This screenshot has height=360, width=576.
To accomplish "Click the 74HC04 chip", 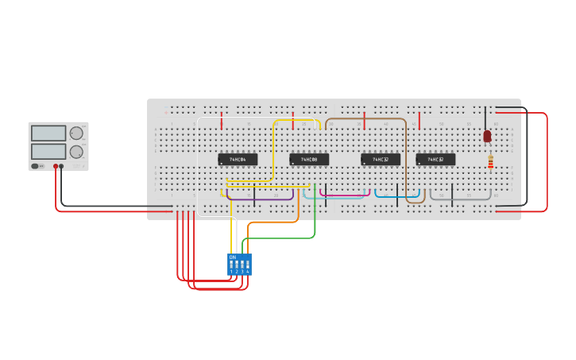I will click(x=238, y=159).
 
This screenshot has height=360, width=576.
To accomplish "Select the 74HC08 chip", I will click(x=309, y=159).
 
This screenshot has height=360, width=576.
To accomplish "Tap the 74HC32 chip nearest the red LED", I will click(x=435, y=159).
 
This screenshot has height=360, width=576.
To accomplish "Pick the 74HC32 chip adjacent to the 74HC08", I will click(x=381, y=159).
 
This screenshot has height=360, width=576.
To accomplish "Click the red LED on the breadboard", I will click(x=487, y=136).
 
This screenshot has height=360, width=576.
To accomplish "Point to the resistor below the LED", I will click(x=490, y=162).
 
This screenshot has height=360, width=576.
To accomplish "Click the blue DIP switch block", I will click(x=239, y=265).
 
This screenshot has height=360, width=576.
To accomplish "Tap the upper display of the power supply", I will click(x=48, y=134).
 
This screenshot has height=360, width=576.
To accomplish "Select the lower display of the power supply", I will click(x=48, y=151).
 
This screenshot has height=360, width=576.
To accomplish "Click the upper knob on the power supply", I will click(x=76, y=134).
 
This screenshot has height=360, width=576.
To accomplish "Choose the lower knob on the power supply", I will click(x=76, y=152).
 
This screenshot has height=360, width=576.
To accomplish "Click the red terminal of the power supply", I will click(x=56, y=166).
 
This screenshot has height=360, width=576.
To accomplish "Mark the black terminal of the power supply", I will click(x=62, y=166).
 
